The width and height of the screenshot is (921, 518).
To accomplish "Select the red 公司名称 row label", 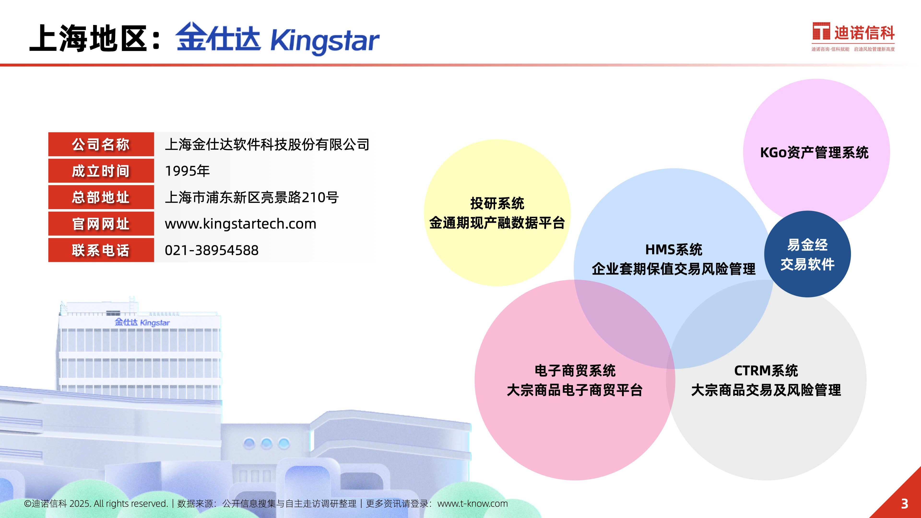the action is coord(101,144).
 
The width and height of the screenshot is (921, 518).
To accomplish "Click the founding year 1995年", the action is coord(187,171).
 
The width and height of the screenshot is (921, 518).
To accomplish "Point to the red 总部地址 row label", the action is coord(101,197).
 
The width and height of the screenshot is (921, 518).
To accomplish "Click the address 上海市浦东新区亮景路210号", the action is coord(252,197).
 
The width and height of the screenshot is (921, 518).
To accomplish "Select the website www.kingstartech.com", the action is coord(241,224).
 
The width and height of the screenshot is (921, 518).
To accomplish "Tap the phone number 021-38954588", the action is coord(212,250).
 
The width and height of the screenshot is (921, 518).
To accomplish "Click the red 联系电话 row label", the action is coord(101,250).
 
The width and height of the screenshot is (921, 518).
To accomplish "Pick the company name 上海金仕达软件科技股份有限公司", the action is coord(267,144).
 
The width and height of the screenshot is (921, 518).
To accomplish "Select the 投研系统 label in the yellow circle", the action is coord(497,203).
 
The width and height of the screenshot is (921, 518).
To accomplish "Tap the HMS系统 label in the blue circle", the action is coord(673,249).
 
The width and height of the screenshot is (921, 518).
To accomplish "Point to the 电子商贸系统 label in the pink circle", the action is coord(575,371).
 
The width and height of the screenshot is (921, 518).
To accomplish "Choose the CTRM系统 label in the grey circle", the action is coord(766,371).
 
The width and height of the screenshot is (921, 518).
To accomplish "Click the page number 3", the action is coord(904,504).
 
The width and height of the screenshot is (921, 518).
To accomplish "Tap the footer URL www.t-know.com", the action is coord(473,504).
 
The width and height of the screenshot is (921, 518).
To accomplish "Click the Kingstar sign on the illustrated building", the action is coord(142,322).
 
